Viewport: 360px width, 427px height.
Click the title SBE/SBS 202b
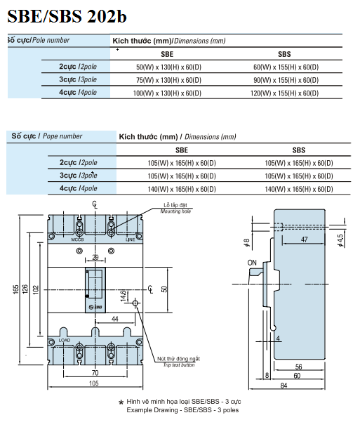pyautogui.click(x=67, y=16)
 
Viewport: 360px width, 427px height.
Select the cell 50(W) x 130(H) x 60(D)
pyautogui.click(x=168, y=67)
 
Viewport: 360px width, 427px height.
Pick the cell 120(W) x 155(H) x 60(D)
pyautogui.click(x=284, y=93)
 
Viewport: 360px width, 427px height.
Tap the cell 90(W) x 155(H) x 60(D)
pyautogui.click(x=286, y=80)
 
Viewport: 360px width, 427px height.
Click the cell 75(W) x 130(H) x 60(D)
pyautogui.click(x=168, y=80)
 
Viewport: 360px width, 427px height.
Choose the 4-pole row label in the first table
pyautogui.click(x=78, y=92)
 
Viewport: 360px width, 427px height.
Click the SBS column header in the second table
pyautogui.click(x=299, y=150)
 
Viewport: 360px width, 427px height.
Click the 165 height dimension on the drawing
pyautogui.click(x=15, y=289)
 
